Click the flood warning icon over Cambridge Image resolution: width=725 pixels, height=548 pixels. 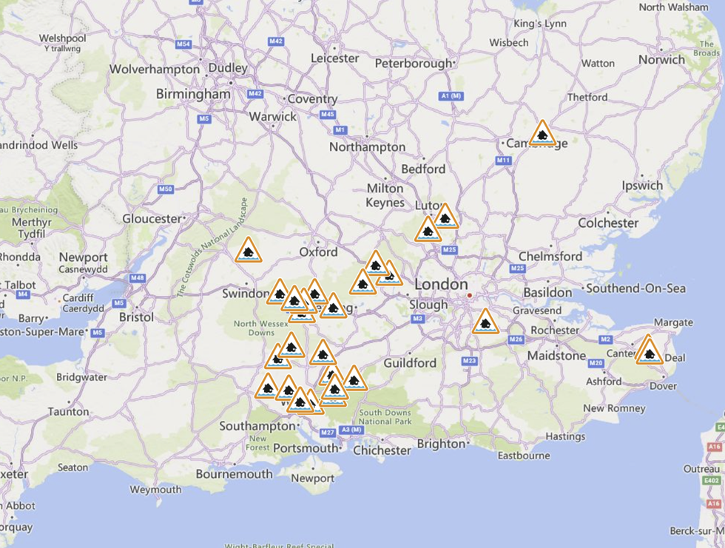click(x=542, y=135)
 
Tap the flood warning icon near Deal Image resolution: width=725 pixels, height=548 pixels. click(x=649, y=352)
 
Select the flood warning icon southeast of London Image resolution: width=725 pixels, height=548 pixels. click(x=485, y=322)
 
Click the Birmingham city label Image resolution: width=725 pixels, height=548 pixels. click(x=193, y=94)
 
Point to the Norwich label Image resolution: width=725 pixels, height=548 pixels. click(x=661, y=59)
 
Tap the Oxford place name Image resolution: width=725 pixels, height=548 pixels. click(x=318, y=252)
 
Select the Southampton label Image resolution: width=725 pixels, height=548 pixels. click(x=257, y=426)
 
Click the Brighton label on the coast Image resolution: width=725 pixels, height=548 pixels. click(x=441, y=444)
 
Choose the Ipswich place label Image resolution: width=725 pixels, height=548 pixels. click(x=642, y=185)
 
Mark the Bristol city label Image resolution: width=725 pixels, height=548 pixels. click(x=136, y=317)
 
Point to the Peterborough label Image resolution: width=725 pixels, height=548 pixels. click(x=413, y=64)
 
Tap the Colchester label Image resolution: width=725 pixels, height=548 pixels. click(x=608, y=223)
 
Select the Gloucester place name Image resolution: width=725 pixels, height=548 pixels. click(x=152, y=218)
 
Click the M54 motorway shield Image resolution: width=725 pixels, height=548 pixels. click(x=183, y=45)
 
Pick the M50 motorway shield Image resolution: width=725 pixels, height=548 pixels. click(x=166, y=189)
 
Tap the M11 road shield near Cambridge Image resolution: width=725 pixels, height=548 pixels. click(x=504, y=160)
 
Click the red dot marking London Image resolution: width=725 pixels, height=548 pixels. click(x=469, y=297)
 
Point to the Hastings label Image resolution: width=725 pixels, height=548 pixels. click(x=565, y=436)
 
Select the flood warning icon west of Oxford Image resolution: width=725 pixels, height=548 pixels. click(x=249, y=251)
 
